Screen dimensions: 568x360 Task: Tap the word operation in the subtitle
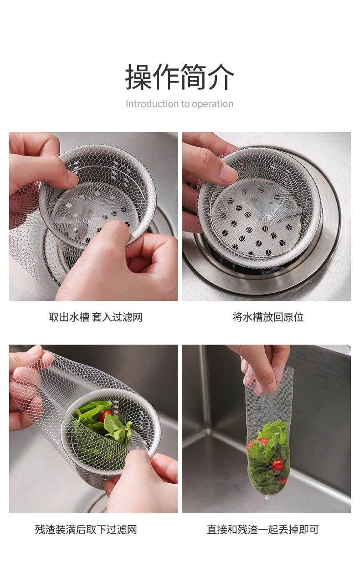pyautogui.click(x=212, y=104)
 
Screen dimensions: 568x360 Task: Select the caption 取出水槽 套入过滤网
pyautogui.click(x=95, y=317)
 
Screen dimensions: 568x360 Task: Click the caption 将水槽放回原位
pyautogui.click(x=268, y=317)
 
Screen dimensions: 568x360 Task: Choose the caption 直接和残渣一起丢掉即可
pyautogui.click(x=262, y=530)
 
